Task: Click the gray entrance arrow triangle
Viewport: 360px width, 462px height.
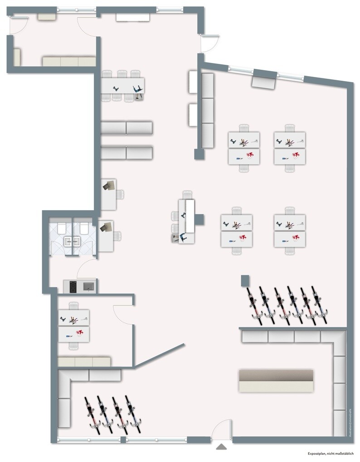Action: (221, 447)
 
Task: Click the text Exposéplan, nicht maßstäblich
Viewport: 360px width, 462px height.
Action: (333, 453)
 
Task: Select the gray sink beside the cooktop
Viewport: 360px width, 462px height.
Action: (88, 286)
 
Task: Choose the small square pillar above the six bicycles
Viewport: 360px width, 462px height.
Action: (245, 280)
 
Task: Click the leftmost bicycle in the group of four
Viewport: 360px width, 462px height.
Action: (92, 413)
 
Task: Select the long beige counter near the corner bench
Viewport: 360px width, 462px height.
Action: (276, 380)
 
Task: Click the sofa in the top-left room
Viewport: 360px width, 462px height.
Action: (69, 61)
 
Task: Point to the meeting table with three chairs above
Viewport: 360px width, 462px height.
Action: (122, 85)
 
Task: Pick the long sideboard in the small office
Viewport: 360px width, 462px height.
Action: (84, 361)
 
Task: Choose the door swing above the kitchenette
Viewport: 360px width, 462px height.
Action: (87, 270)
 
